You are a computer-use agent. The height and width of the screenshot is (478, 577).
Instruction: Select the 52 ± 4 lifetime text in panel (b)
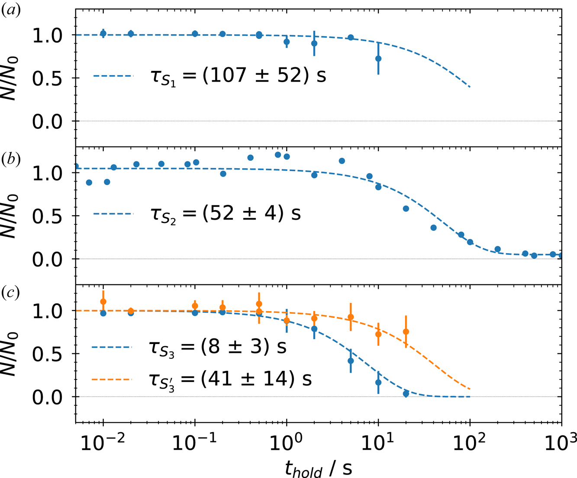point(225,214)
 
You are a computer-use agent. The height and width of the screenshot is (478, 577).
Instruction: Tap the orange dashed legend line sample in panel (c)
point(111,380)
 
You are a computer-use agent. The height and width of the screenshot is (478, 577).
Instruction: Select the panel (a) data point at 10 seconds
point(378,58)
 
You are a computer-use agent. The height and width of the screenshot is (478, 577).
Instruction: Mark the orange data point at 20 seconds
point(406,332)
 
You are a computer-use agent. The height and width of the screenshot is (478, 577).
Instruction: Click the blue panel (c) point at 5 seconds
point(351,361)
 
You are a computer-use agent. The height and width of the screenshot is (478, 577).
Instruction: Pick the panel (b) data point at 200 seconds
point(497,249)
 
